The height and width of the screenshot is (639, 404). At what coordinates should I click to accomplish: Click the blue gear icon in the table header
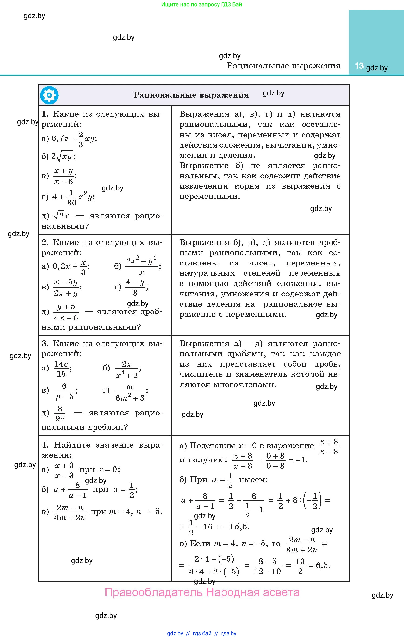pos(49,95)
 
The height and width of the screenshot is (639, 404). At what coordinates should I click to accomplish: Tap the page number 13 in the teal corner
pos(359,66)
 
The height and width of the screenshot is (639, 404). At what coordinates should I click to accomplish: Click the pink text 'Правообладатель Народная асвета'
pos(202,592)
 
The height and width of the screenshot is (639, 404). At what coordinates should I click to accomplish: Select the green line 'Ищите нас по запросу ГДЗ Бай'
pos(202,4)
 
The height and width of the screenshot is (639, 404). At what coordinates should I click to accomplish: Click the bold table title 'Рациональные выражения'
pos(191,95)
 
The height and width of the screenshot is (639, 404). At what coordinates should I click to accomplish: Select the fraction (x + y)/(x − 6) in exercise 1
pos(64,176)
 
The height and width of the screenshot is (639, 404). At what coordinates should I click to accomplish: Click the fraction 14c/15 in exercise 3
pos(61,369)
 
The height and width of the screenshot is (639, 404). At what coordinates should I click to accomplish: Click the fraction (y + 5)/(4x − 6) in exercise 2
pos(66,312)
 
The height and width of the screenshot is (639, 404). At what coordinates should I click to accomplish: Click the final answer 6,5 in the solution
pos(323,565)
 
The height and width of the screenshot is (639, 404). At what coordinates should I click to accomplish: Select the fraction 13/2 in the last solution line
pos(300,566)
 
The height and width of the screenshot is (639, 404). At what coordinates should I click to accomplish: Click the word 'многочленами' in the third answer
pos(245,384)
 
